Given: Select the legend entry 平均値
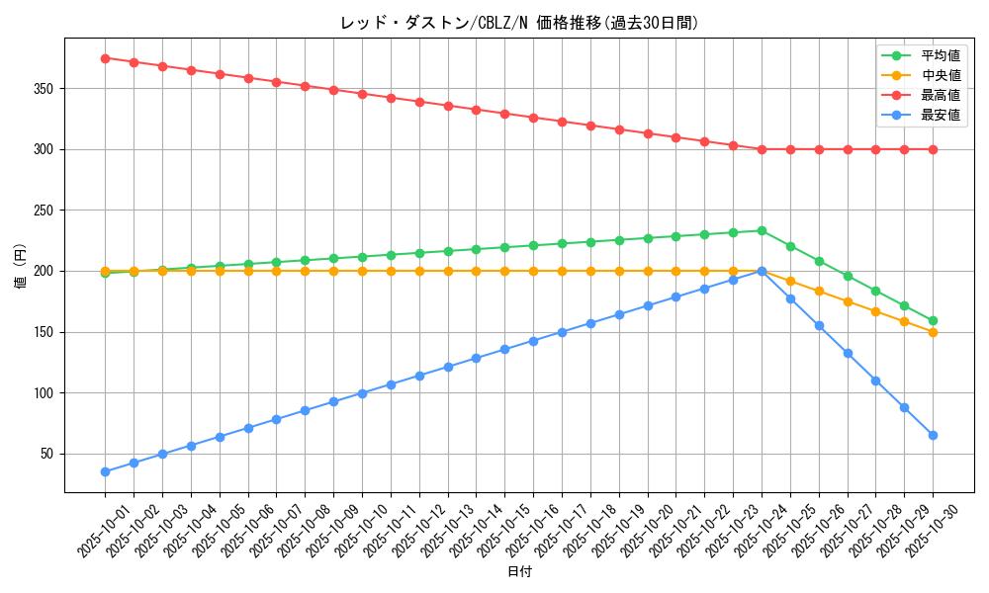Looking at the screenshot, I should tap(940, 56).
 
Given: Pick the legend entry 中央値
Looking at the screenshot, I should tap(940, 76).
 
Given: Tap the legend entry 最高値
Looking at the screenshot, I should tap(940, 96).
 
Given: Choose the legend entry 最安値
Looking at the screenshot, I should tap(940, 116).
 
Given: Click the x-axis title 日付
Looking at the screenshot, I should tap(519, 572).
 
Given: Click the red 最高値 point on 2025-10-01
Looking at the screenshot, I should tap(105, 58).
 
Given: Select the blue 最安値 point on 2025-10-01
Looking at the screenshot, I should tap(105, 471).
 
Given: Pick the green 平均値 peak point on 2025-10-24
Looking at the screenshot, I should tap(762, 230).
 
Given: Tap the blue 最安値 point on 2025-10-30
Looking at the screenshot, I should tap(933, 435).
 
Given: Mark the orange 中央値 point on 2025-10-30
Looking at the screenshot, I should tap(933, 332).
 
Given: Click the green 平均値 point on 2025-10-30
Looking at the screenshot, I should tap(933, 320).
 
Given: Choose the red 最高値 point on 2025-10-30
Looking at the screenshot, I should tap(933, 149).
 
